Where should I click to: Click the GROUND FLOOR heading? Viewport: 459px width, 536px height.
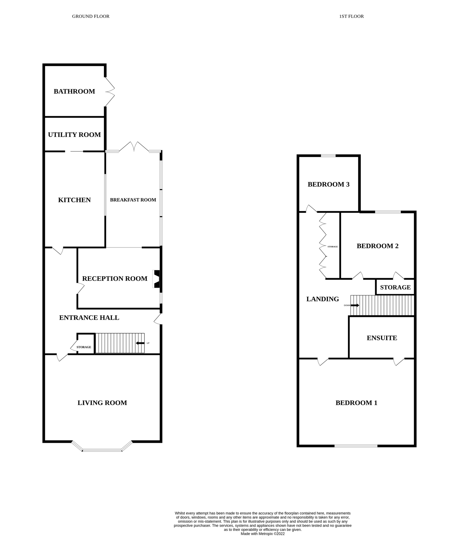pos(91,16)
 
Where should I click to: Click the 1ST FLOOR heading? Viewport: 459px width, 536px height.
pos(351,16)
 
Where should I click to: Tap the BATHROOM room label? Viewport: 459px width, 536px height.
pos(74,91)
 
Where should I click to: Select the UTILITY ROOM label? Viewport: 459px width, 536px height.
pos(74,135)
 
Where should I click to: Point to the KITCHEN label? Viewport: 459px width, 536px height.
pos(74,200)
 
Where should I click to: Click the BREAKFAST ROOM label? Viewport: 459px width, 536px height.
pos(133,200)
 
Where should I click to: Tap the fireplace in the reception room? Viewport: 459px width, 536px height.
pos(156,279)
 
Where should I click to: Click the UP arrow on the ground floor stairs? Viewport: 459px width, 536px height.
pos(140,343)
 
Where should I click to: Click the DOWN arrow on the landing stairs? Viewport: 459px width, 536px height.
pos(355,305)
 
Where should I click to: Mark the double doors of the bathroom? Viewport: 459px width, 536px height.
pos(110,92)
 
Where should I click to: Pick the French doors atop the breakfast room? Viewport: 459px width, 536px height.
pos(134,147)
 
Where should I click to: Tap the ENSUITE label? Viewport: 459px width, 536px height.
pos(382,338)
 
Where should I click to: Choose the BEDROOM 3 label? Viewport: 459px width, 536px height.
pos(328,184)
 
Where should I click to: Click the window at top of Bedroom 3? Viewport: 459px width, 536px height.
pos(328,155)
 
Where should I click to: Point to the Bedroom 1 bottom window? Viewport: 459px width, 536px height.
pos(356,446)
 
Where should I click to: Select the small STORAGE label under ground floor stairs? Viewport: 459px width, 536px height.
pos(84,347)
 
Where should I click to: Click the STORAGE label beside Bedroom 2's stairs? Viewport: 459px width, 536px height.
pos(395,287)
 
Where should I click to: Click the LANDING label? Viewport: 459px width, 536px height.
pos(323,299)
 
